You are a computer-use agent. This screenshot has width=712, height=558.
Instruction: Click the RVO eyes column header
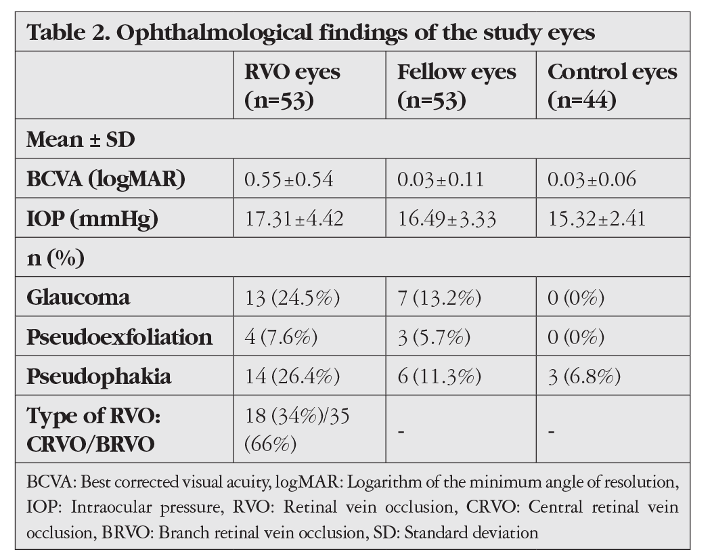coord(292,85)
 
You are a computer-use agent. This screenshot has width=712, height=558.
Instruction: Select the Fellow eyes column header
coord(456,85)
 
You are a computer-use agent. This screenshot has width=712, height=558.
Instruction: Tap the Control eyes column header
coord(612,85)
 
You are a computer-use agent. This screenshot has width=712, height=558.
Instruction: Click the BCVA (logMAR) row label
coord(106,179)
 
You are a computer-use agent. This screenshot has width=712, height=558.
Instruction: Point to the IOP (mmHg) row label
coord(92,219)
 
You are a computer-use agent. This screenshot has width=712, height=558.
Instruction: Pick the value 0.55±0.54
coord(289,179)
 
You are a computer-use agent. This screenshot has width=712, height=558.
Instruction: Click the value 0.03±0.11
coord(441,179)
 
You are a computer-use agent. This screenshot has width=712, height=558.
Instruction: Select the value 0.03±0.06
coord(592,179)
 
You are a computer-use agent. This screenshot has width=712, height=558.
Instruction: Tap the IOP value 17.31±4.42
coord(294,219)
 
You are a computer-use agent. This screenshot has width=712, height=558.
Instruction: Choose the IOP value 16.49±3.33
coord(447,219)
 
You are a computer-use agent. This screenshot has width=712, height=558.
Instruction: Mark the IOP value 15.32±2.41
coord(597,219)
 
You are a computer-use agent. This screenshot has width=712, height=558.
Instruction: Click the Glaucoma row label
coord(78,297)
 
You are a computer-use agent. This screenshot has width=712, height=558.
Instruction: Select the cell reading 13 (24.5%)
coord(292,298)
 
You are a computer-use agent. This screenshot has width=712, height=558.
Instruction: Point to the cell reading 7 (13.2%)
coord(439,298)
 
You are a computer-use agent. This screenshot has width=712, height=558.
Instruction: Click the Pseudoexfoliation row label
coord(119,337)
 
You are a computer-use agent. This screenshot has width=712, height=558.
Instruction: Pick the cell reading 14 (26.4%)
coord(292,377)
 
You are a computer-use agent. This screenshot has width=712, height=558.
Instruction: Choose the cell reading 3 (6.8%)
coord(584,377)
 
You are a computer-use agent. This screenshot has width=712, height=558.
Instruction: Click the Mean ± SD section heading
coord(81,139)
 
